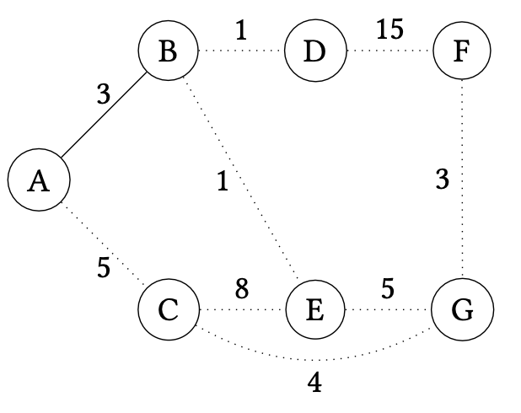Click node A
[x=38, y=180]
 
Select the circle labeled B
[x=168, y=51]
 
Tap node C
[x=168, y=310]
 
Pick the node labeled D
[x=314, y=51]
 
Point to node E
[x=314, y=310]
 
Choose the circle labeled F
[x=460, y=51]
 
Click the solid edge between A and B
[x=103, y=116]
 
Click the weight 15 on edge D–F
[x=389, y=30]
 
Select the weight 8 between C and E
[x=242, y=289]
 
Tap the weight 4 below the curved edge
[x=314, y=383]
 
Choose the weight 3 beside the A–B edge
[x=103, y=94]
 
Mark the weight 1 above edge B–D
[x=241, y=30]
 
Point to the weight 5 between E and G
[x=388, y=289]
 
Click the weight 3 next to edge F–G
[x=441, y=180]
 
